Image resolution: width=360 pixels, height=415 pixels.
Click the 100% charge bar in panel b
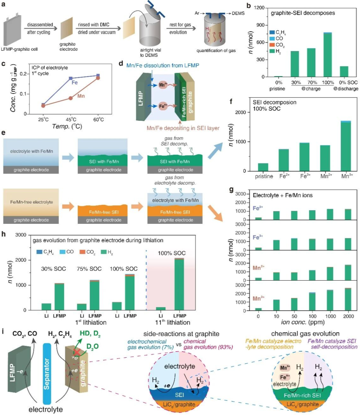click(x=327, y=55)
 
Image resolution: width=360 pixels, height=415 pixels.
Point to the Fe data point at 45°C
click(x=71, y=78)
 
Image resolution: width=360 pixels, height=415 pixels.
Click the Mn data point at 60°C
click(x=98, y=78)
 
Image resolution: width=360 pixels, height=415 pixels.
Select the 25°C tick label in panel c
click(x=43, y=119)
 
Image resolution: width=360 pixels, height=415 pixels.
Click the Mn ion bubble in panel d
click(x=163, y=85)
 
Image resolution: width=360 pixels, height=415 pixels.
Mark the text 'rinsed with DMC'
click(x=93, y=25)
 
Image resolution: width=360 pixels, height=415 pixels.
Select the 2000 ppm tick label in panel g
click(x=348, y=316)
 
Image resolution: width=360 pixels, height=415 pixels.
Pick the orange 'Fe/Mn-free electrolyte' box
click(x=31, y=202)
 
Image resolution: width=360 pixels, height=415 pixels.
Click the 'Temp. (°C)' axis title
click(x=67, y=126)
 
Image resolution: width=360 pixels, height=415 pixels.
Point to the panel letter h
click(x=4, y=234)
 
